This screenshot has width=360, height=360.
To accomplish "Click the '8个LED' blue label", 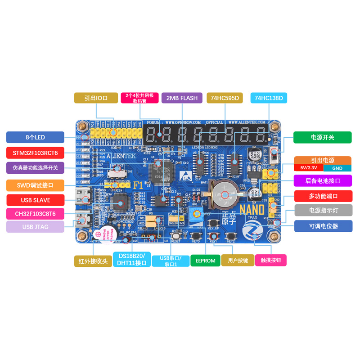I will tap(35, 137).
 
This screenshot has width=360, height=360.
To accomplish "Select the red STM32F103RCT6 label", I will tap(35, 153).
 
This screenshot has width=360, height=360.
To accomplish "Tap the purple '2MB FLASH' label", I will tap(182, 98).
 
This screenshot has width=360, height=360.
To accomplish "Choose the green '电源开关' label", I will tap(322, 137).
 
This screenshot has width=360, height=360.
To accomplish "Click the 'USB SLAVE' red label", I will tap(35, 200).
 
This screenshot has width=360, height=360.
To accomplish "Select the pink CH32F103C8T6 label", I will tap(35, 213).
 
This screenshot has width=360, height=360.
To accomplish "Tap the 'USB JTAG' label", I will tap(35, 227).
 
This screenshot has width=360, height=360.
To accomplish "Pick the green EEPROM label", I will tap(205, 261).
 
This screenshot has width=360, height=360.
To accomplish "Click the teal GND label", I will tap(337, 168).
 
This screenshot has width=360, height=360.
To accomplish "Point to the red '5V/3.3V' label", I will tap(308, 168).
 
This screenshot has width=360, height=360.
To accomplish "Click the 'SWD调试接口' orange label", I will tap(35, 185).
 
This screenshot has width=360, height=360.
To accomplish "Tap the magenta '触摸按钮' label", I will tap(271, 260).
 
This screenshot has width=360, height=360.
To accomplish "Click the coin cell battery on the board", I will tap(225, 193).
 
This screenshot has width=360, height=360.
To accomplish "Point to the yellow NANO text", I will tap(252, 210).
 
